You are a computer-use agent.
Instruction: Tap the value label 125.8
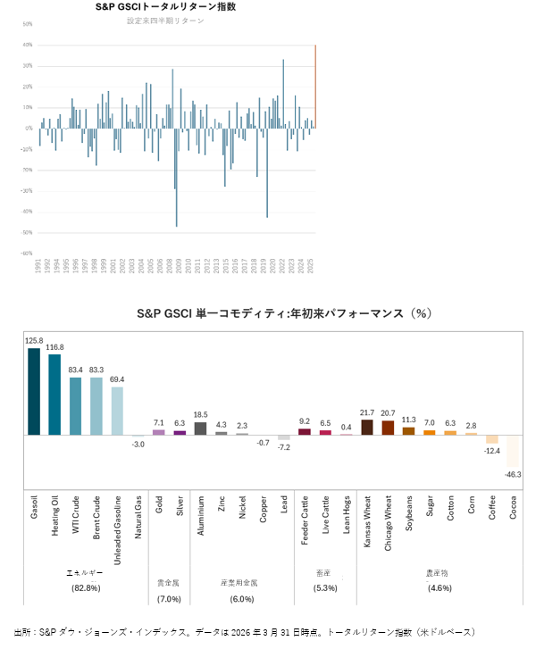point(34,340)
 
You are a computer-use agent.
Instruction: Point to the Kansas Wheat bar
point(367,427)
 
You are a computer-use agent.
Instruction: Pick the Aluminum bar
point(200,429)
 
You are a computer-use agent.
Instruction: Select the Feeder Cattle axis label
point(304,516)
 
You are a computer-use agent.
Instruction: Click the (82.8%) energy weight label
point(86,587)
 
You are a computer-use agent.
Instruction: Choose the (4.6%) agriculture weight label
point(439,587)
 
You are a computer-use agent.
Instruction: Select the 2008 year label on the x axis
point(169,266)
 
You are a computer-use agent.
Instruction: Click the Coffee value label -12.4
point(492,450)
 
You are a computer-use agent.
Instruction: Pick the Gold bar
point(159,432)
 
